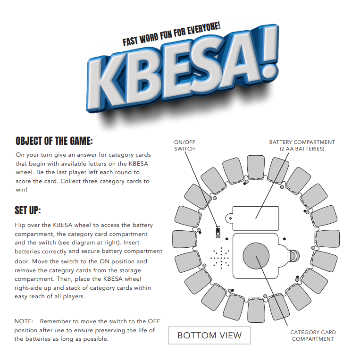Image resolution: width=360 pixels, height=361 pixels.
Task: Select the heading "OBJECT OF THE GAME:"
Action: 54,141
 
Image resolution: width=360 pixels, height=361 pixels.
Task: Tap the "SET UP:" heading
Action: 28,210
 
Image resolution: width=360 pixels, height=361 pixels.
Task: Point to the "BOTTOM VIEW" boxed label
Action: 209,336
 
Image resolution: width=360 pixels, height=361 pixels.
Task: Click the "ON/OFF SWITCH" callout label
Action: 184,145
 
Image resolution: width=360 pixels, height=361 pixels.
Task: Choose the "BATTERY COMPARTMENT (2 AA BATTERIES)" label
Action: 302,145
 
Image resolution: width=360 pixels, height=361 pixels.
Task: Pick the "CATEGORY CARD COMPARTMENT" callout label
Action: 313,336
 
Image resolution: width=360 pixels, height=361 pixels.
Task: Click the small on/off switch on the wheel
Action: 218,232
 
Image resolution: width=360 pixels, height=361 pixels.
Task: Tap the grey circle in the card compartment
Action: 256,255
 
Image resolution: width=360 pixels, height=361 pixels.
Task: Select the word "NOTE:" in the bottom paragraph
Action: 24,321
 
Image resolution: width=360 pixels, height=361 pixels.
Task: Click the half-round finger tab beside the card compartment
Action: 294,256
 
